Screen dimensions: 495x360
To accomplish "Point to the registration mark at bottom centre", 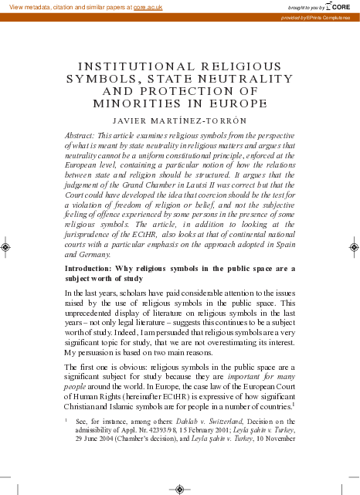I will pos(180,488).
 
